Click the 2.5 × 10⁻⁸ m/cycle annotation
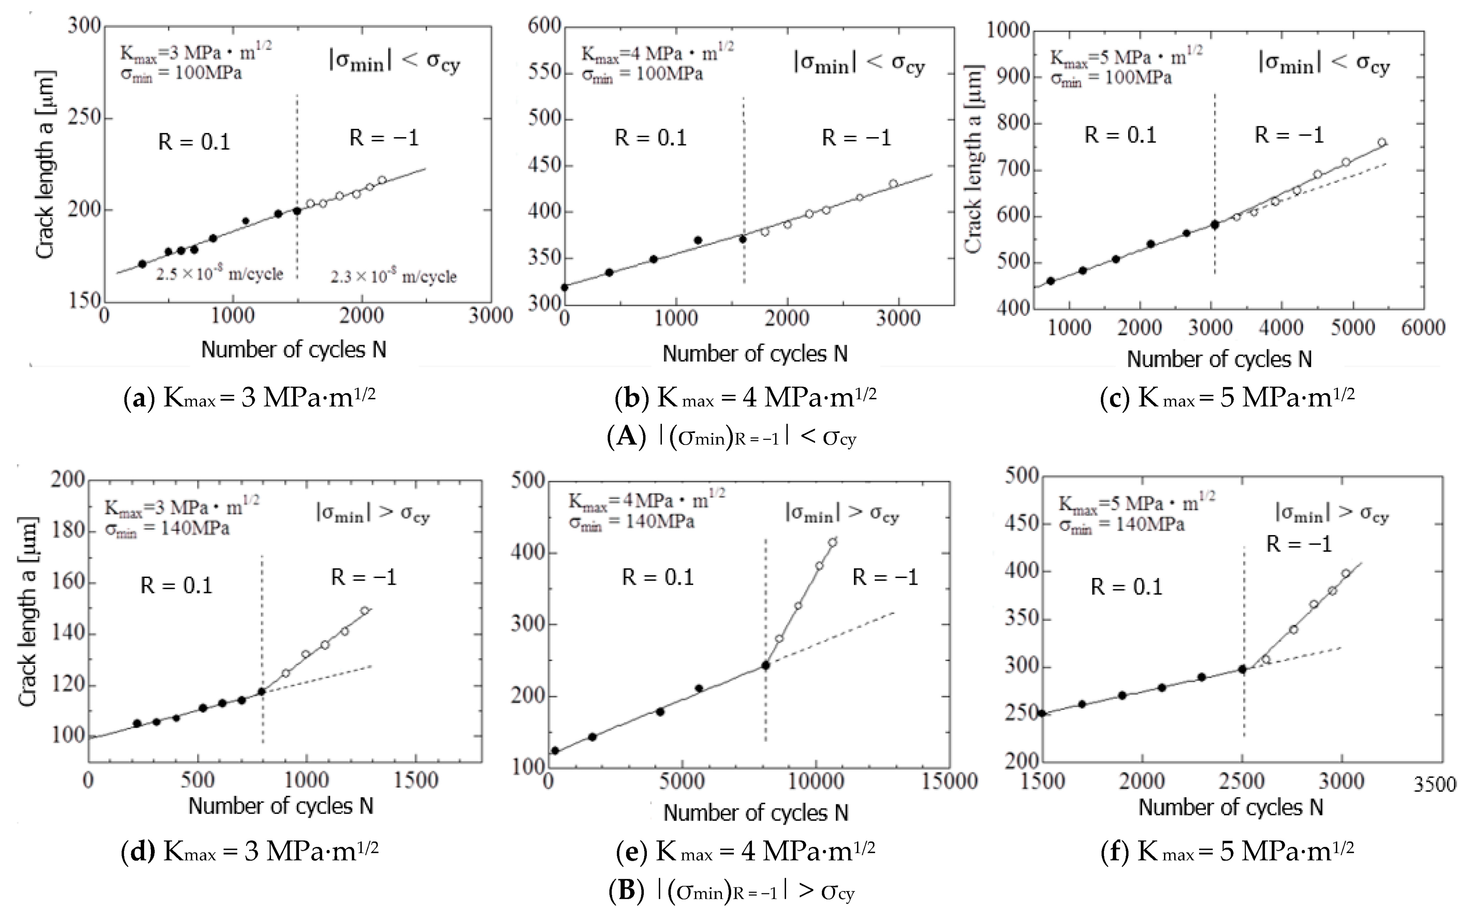coord(220,274)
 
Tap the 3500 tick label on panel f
coord(1434,785)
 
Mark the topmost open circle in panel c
coord(1382,143)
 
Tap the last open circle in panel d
coord(364,611)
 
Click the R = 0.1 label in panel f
coord(1126,587)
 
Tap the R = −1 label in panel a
coord(384,138)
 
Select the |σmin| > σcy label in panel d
coord(372,514)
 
